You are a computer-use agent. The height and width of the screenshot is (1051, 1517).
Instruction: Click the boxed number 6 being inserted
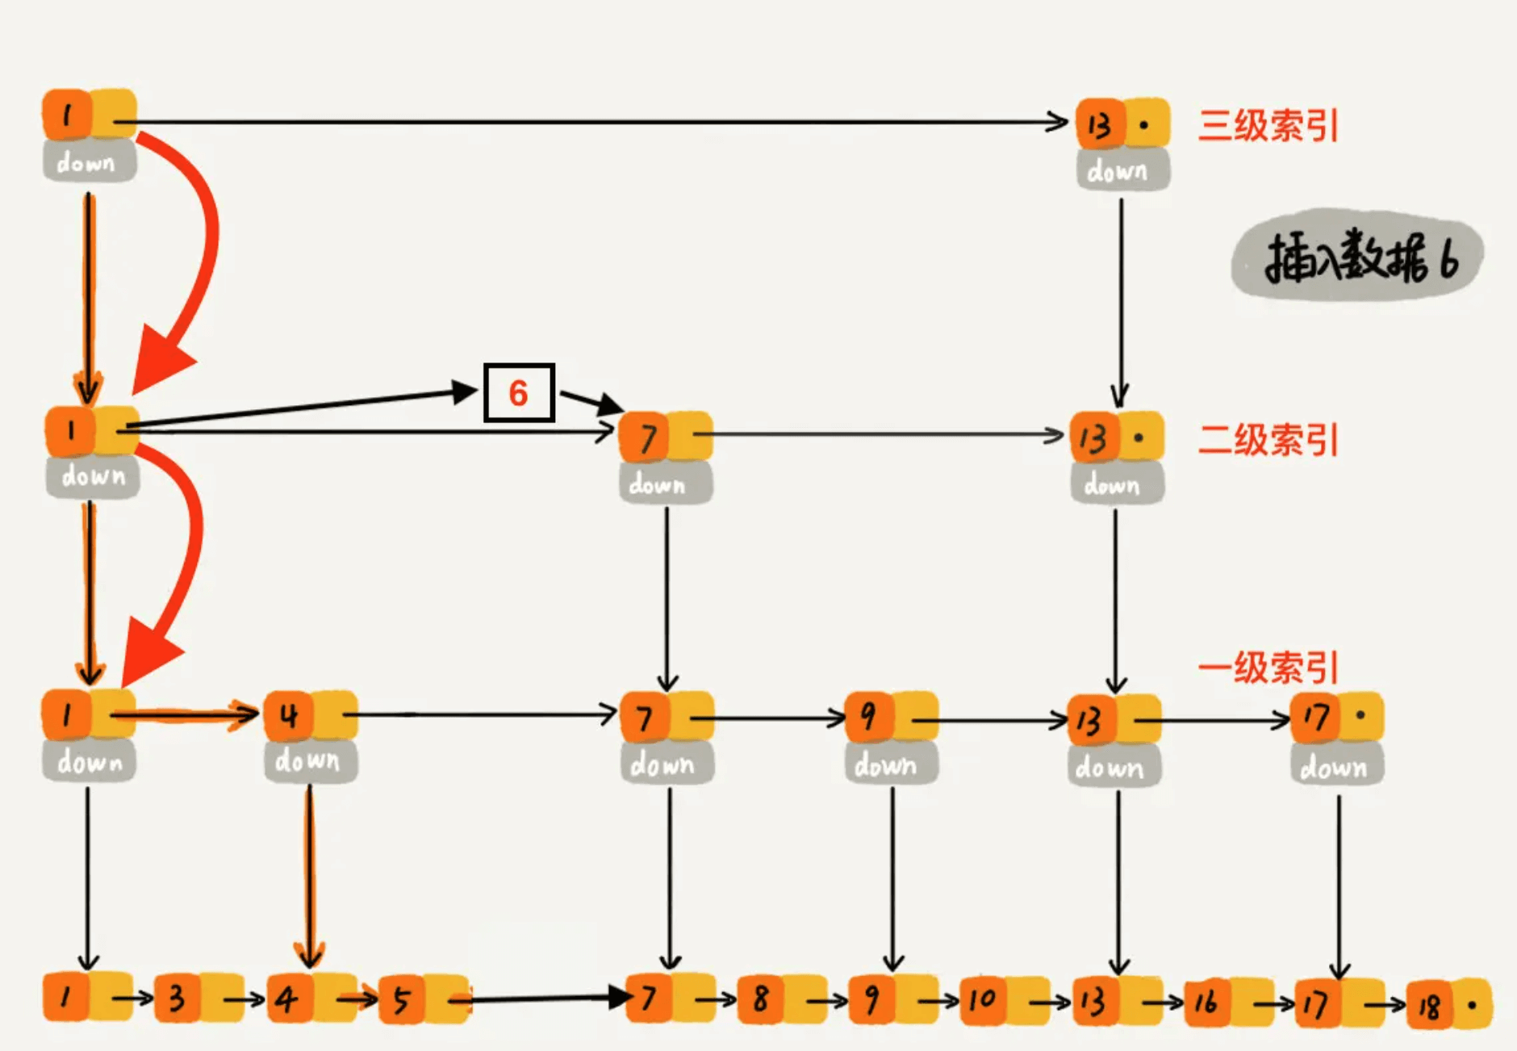click(x=519, y=393)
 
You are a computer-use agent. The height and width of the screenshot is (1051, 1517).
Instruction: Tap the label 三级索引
click(x=1268, y=126)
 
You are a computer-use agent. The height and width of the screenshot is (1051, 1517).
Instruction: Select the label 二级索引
click(x=1268, y=440)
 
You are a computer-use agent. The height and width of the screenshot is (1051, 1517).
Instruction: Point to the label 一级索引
click(x=1268, y=668)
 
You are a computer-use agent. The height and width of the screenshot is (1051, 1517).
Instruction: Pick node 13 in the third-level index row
click(x=1122, y=124)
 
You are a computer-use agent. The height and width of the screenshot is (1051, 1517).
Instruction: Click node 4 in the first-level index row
click(x=310, y=715)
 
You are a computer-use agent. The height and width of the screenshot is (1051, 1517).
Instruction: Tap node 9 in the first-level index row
click(x=891, y=717)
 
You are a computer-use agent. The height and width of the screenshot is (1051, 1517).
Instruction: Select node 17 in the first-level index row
click(x=1336, y=717)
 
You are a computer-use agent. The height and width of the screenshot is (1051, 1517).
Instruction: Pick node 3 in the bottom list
click(x=198, y=999)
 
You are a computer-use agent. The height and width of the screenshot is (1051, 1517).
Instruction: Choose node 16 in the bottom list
click(x=1227, y=1003)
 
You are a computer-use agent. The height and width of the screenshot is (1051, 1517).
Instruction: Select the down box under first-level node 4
click(x=310, y=760)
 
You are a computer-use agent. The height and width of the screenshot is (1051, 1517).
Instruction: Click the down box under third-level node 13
click(x=1122, y=170)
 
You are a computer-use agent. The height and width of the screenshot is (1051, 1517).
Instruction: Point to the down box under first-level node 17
click(x=1336, y=765)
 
